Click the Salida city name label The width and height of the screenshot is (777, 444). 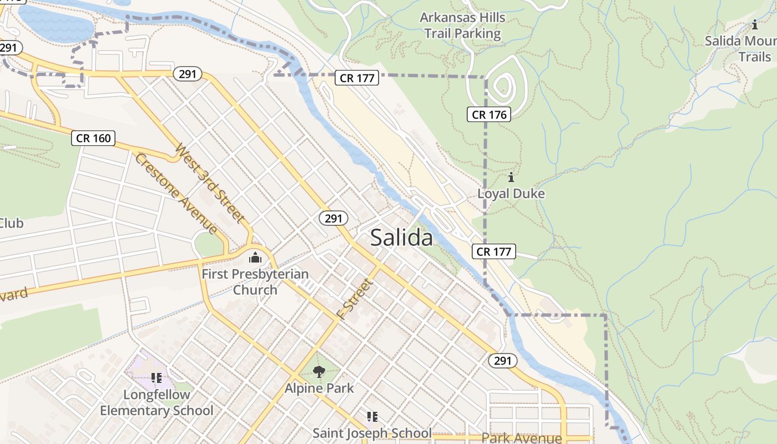(x=401, y=238)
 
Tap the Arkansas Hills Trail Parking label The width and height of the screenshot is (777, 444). (x=462, y=26)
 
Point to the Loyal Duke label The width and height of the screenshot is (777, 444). (x=511, y=194)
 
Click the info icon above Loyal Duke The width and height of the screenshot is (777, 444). (x=511, y=178)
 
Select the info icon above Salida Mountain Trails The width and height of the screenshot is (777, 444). (x=754, y=25)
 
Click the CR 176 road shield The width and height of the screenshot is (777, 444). (x=488, y=115)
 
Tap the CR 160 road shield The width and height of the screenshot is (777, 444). (x=93, y=138)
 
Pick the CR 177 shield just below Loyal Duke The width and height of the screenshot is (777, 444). (x=494, y=251)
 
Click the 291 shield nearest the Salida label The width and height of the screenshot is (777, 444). (x=333, y=219)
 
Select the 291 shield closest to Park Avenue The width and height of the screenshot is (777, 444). (x=502, y=361)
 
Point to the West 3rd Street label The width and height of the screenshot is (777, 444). (x=210, y=183)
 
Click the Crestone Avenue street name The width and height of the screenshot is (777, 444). (x=176, y=193)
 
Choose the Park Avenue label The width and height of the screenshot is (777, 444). (x=521, y=438)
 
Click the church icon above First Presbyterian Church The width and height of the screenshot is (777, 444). (x=255, y=258)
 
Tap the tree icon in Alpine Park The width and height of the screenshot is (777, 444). (x=319, y=371)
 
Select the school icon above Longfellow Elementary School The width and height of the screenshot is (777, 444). (x=157, y=378)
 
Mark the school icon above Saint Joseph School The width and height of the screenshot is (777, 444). (x=372, y=416)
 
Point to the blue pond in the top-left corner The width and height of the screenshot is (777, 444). (x=56, y=25)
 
